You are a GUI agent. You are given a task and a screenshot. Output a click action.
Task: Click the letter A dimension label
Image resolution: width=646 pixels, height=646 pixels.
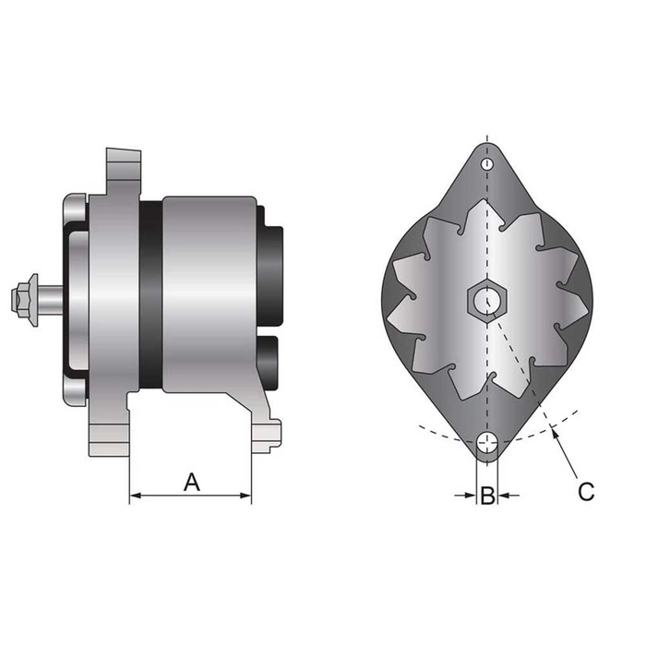[191, 481]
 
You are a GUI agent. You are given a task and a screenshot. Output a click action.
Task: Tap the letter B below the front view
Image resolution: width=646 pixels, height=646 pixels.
[486, 496]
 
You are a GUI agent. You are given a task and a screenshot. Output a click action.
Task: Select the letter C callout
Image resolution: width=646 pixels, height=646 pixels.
[585, 491]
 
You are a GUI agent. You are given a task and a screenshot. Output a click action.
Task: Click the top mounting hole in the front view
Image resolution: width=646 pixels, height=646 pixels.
[486, 164]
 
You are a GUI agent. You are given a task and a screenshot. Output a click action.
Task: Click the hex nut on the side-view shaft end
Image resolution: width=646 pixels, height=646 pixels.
[24, 300]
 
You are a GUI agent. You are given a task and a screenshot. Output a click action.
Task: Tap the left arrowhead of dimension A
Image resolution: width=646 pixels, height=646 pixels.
[135, 496]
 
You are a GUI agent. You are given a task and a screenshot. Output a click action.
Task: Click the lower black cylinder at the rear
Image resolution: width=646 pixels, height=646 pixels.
[269, 361]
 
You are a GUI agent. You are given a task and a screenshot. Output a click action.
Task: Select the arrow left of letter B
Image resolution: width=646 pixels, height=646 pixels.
[466, 496]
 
